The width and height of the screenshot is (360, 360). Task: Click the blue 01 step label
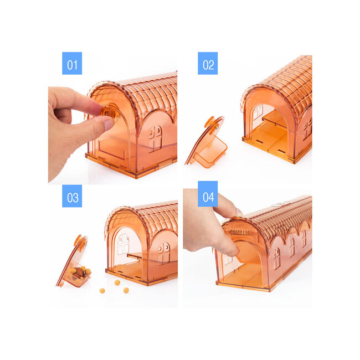coord(72,63)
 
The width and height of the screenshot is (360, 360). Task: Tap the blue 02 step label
coord(208,63)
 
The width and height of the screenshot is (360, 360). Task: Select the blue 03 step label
coord(72,196)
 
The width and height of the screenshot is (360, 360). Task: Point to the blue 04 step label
coord(208,194)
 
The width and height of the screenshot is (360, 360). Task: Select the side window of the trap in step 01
coord(156,138)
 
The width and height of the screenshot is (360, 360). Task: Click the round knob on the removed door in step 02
coord(210,122)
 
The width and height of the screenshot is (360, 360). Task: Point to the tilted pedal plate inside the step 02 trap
coord(274,120)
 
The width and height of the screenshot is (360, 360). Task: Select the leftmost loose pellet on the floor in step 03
coord(102,291)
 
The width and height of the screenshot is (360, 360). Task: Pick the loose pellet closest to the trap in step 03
coord(117,282)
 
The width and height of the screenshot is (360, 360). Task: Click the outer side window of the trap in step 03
coord(164,253)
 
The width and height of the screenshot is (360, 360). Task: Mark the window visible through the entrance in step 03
coord(124,244)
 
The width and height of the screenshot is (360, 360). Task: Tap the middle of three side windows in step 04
coord(292,247)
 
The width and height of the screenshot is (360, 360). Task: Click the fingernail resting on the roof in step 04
coord(239,212)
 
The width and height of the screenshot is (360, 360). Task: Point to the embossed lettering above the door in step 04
coord(240,233)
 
